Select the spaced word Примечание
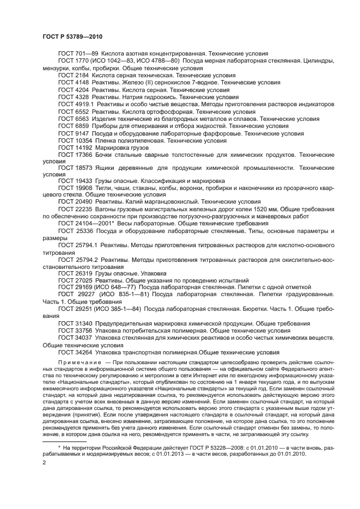(79, 363)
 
